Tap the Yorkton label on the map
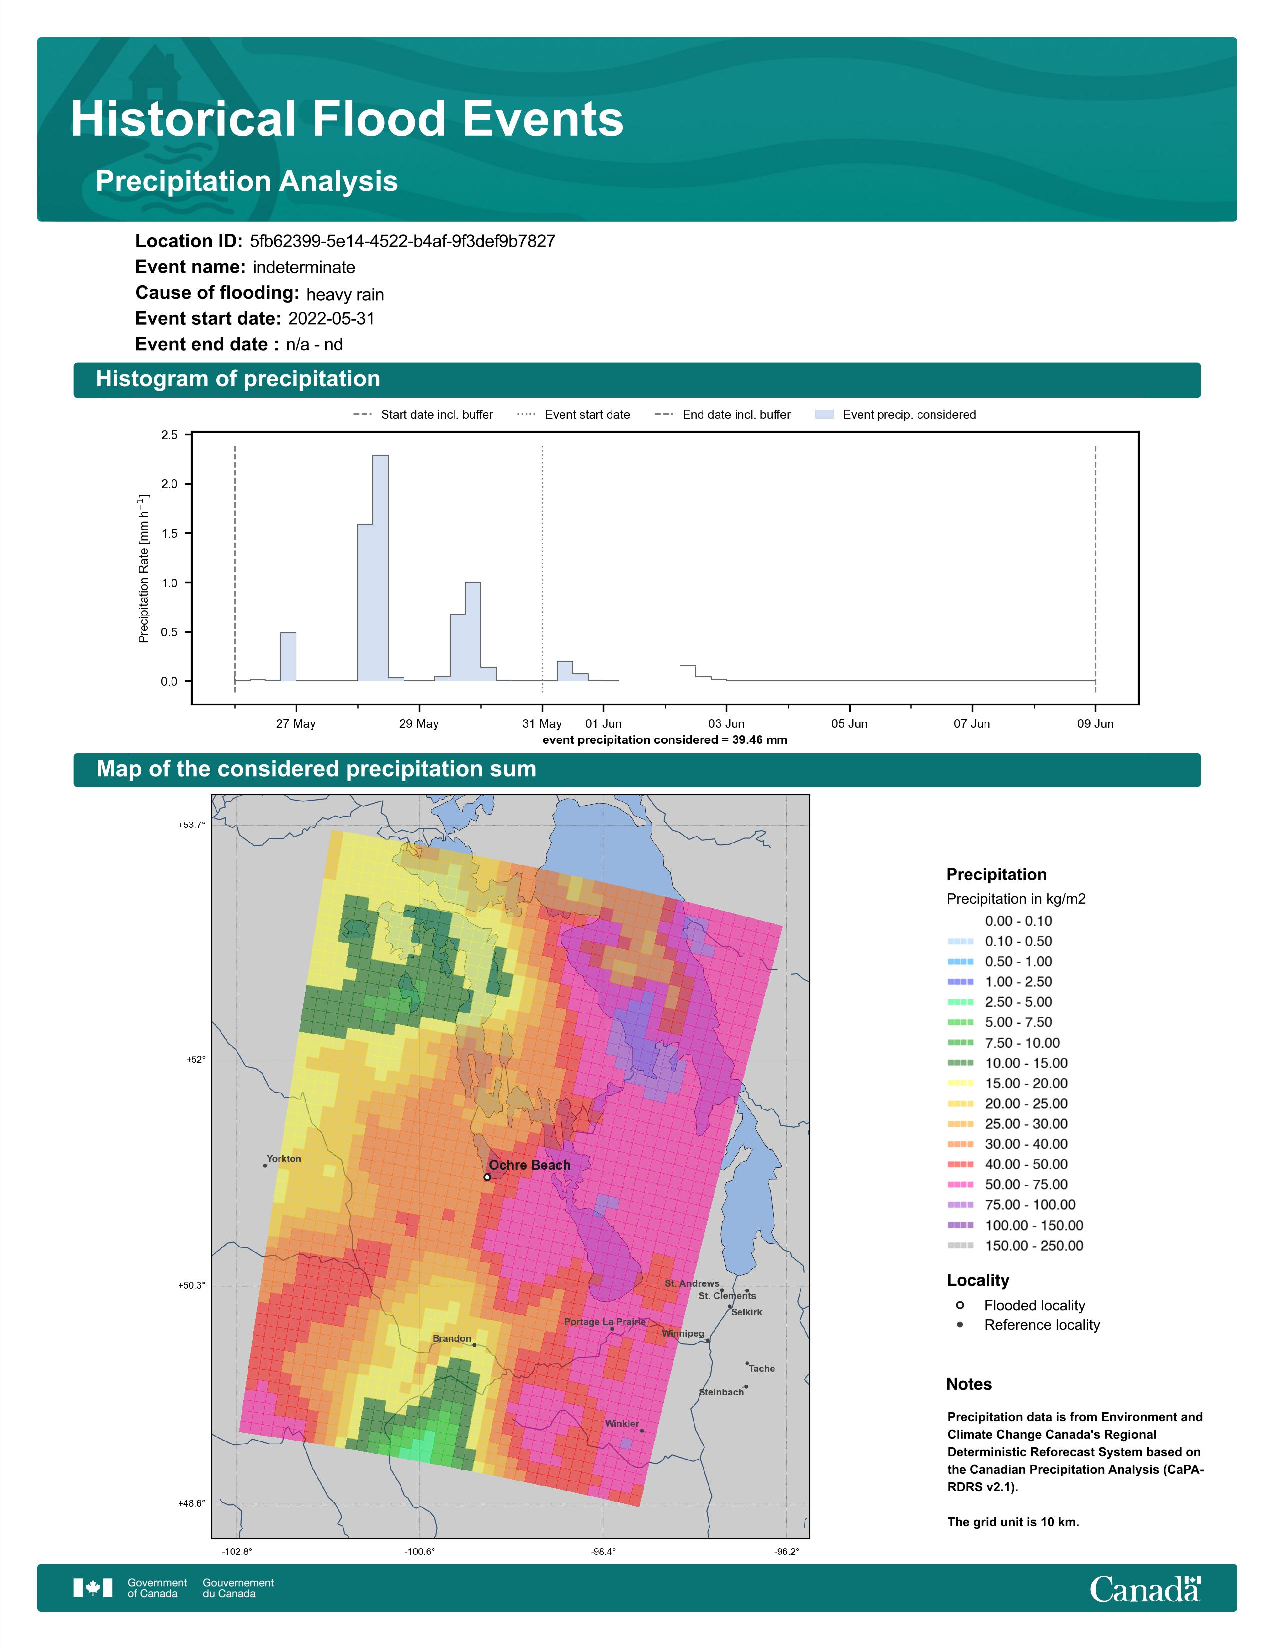(284, 1158)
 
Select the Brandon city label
(451, 1338)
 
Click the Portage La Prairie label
(605, 1321)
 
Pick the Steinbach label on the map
(721, 1392)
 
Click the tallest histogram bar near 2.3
(380, 568)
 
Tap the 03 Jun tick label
(726, 724)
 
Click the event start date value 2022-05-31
(331, 319)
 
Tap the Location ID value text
(402, 242)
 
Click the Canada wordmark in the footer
(1145, 1590)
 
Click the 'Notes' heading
(969, 1384)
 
